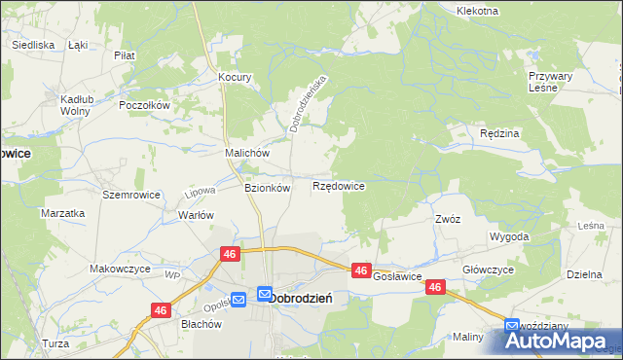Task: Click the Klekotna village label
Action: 477,11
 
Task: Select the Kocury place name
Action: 236,77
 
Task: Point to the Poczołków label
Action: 144,105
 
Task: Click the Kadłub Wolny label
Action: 75,105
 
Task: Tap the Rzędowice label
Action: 338,185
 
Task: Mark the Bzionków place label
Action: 267,188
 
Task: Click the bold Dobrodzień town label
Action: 301,298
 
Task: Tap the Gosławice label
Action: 396,277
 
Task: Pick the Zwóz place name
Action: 448,219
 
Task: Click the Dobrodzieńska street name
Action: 310,101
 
